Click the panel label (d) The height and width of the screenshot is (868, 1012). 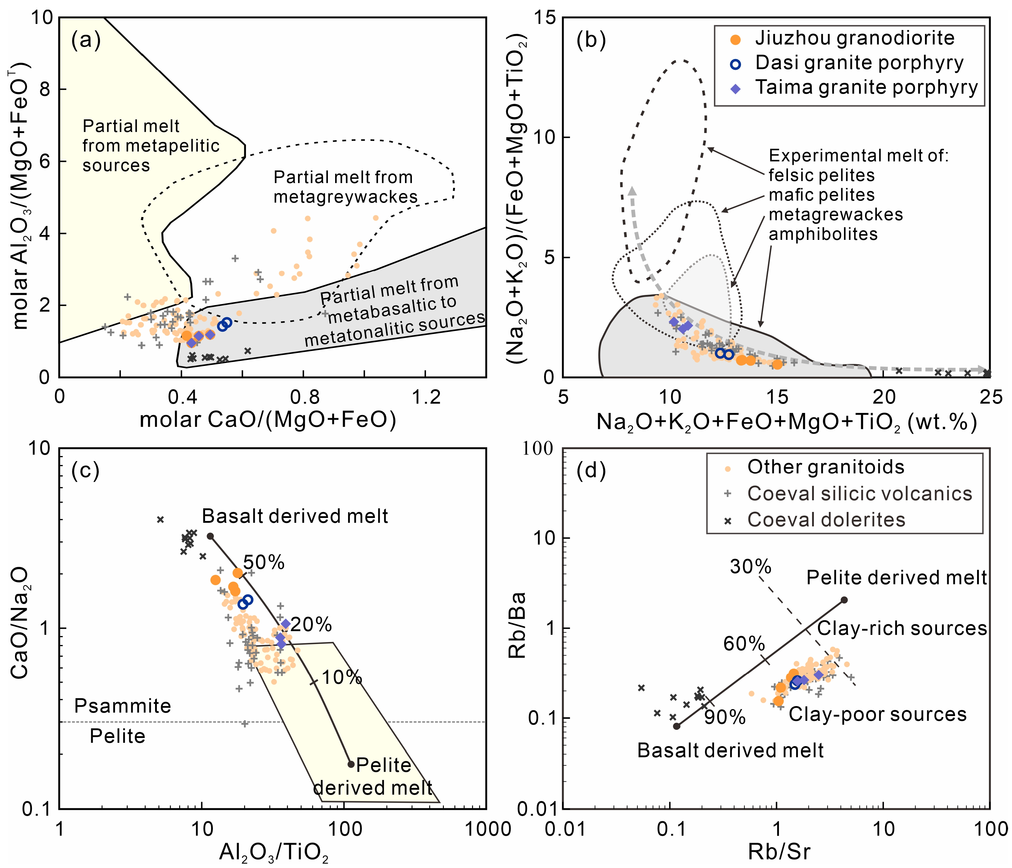pyautogui.click(x=591, y=470)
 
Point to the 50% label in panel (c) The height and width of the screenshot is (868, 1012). pyautogui.click(x=264, y=563)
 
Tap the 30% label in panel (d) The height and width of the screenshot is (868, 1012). pyautogui.click(x=751, y=566)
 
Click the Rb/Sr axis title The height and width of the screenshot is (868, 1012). pyautogui.click(x=780, y=851)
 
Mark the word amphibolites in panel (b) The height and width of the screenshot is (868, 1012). pyautogui.click(x=823, y=234)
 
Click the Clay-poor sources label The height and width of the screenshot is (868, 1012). pyautogui.click(x=878, y=714)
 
